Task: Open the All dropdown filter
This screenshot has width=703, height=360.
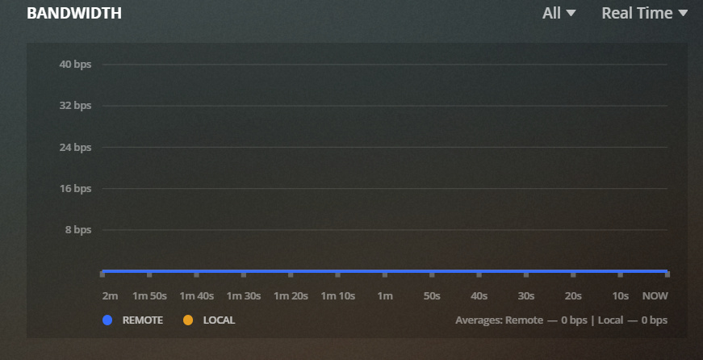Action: pyautogui.click(x=559, y=14)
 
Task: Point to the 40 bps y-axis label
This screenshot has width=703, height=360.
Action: pyautogui.click(x=76, y=65)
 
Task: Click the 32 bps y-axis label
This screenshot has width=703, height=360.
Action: pyautogui.click(x=76, y=106)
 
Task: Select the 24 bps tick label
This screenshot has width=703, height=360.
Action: pyautogui.click(x=76, y=148)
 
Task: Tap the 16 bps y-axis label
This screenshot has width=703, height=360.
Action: pyautogui.click(x=76, y=189)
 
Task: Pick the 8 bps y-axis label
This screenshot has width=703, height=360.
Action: pyautogui.click(x=78, y=230)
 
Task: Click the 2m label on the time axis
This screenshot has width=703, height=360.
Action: pyautogui.click(x=110, y=296)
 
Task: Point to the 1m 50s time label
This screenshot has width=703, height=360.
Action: pyautogui.click(x=149, y=296)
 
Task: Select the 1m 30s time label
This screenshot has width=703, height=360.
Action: pyautogui.click(x=243, y=296)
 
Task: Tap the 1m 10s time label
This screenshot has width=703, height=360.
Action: pyautogui.click(x=338, y=296)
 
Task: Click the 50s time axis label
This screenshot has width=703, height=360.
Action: pyautogui.click(x=432, y=296)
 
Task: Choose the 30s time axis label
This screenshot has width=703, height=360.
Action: pyautogui.click(x=526, y=296)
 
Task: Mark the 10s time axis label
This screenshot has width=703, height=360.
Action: pyautogui.click(x=620, y=296)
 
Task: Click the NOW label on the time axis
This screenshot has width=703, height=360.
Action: pyautogui.click(x=655, y=296)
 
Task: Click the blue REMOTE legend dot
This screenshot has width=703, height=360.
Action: pyautogui.click(x=107, y=320)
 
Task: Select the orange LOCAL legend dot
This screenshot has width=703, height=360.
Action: pyautogui.click(x=188, y=320)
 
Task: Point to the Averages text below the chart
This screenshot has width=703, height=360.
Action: pyautogui.click(x=561, y=320)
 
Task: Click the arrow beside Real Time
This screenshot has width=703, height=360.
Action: pyautogui.click(x=683, y=14)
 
